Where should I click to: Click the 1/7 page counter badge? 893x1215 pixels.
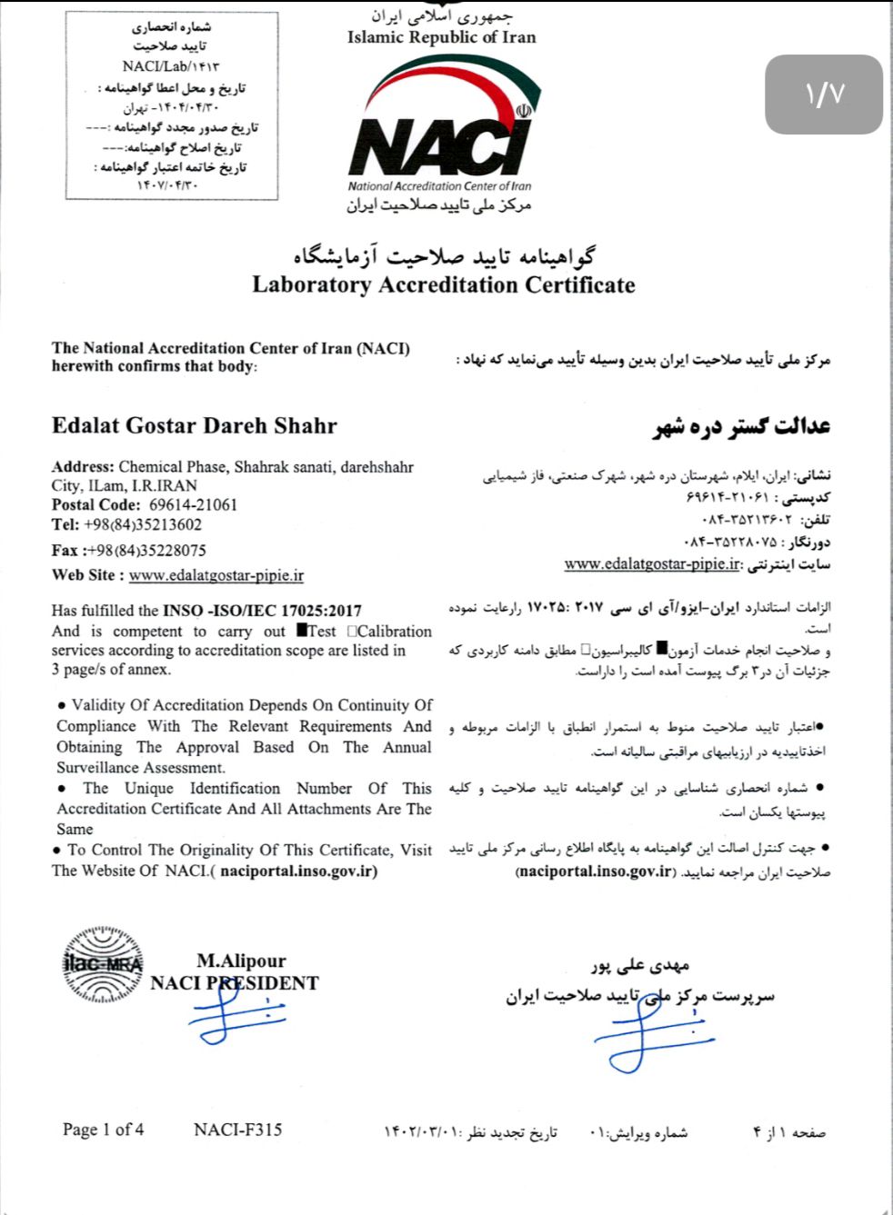coord(824,95)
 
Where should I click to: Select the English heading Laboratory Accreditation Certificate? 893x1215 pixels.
coord(443,285)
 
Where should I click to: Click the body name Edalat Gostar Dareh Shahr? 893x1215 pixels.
coord(194,426)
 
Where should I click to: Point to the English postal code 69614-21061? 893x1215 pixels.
coord(193,505)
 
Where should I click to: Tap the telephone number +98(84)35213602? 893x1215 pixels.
coord(143,525)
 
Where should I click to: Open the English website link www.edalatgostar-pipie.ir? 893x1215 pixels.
coord(216,576)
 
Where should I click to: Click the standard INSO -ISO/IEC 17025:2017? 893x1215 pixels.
coord(262,612)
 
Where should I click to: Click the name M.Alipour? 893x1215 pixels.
coord(241,961)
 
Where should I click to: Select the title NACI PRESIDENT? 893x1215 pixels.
coord(235,983)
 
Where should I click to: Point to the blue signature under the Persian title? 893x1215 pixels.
coord(653,1033)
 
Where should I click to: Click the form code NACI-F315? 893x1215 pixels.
coord(237,1130)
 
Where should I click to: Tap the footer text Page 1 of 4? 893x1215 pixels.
coord(103,1130)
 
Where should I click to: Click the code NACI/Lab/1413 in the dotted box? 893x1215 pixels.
coord(170,66)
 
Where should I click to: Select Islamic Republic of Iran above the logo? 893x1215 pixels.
coord(441,38)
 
